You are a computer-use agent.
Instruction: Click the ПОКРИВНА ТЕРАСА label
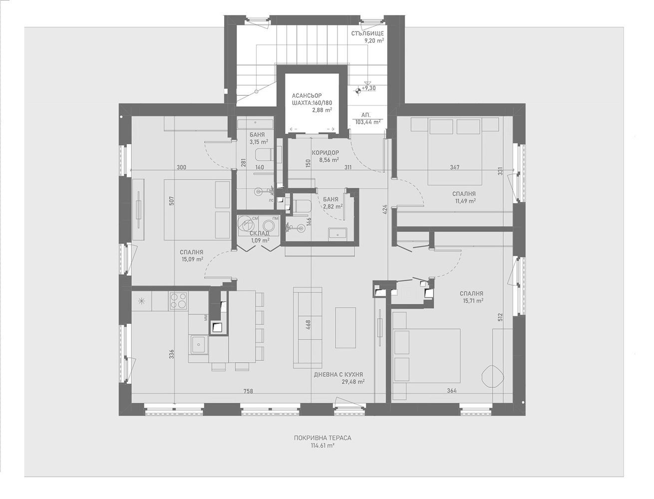tap(322, 438)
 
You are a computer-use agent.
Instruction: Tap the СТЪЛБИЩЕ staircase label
tap(367, 34)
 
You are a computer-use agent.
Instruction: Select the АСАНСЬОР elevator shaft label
tap(307, 96)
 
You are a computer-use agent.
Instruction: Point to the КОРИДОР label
tap(325, 153)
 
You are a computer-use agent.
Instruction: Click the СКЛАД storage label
tap(259, 233)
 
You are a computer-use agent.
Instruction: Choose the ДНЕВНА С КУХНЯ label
tap(338, 374)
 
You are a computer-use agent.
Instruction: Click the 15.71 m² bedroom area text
tap(471, 301)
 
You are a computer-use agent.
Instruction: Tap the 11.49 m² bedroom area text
tap(464, 201)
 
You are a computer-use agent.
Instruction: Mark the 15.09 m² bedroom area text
tap(192, 259)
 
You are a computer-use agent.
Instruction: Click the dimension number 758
tap(248, 391)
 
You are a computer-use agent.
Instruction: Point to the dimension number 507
tap(171, 201)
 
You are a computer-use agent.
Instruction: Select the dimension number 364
tap(451, 391)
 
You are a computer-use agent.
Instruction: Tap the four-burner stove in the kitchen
tap(178, 301)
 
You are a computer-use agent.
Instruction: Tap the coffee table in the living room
tap(345, 327)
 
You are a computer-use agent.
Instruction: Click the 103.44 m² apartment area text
tap(368, 121)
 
